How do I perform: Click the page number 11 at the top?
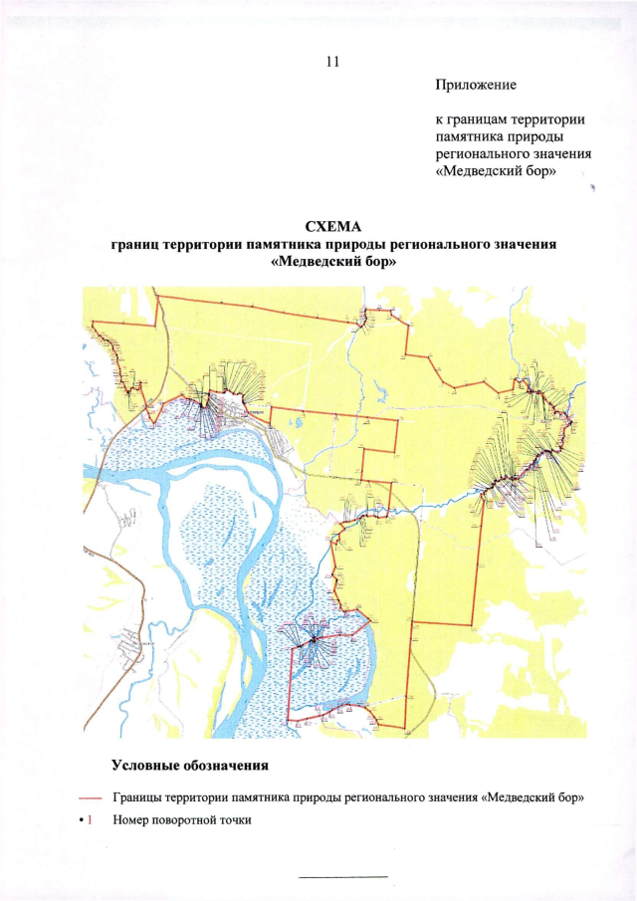[x=332, y=62]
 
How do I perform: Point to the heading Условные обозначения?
[x=189, y=766]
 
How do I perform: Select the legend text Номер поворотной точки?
[x=183, y=820]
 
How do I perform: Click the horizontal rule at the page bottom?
[x=342, y=876]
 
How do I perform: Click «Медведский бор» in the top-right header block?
[x=495, y=171]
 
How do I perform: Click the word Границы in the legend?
[x=139, y=798]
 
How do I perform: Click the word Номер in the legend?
[x=132, y=820]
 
